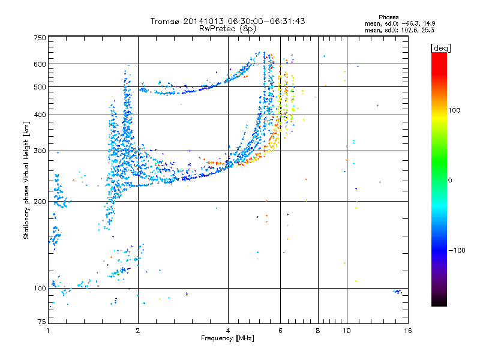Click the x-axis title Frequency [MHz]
227,339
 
